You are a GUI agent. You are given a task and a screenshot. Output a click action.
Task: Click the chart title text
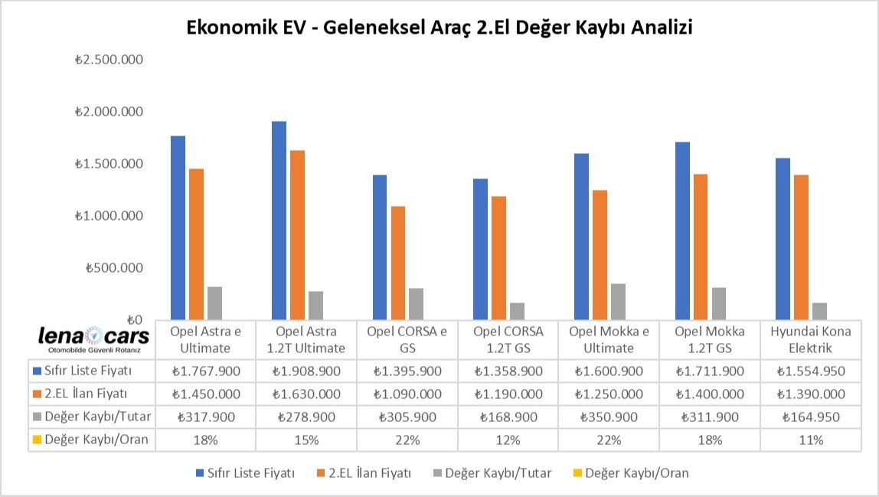point(439,28)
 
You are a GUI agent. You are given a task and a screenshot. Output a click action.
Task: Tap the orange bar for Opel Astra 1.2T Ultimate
point(298,234)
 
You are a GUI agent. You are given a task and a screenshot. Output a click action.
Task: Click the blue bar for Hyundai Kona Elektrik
point(783,238)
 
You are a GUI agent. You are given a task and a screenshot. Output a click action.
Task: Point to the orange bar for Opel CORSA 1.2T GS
point(498,257)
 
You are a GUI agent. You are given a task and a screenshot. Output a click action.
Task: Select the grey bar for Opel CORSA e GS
point(416,303)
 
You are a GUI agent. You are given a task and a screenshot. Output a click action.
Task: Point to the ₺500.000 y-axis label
point(114,268)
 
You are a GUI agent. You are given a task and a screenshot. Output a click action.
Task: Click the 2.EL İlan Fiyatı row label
point(87,394)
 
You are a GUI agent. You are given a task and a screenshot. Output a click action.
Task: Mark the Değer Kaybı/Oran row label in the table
point(91,440)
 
